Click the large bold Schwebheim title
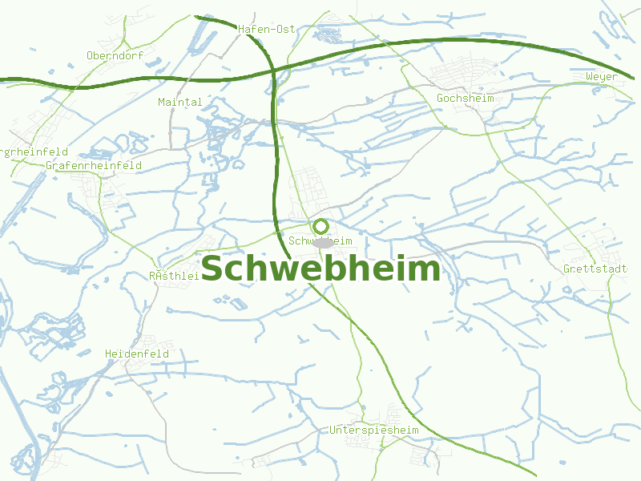click(x=320, y=269)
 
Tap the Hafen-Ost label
click(x=267, y=29)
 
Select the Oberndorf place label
click(x=114, y=55)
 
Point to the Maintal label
click(x=180, y=102)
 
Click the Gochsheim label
click(x=465, y=98)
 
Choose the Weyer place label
click(x=602, y=77)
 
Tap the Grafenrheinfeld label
click(x=94, y=165)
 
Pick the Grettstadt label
click(x=595, y=269)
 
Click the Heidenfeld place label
click(x=137, y=354)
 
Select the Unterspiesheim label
click(x=374, y=430)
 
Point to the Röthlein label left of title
click(x=174, y=276)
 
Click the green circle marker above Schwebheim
click(x=321, y=227)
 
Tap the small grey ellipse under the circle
click(x=322, y=242)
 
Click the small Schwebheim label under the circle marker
click(x=320, y=240)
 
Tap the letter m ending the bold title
click(x=426, y=269)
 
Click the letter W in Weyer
click(x=590, y=77)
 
